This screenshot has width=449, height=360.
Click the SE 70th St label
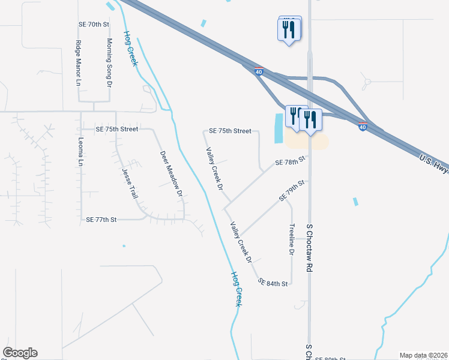pyautogui.click(x=94, y=25)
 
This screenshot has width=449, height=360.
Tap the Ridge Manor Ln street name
pyautogui.click(x=78, y=63)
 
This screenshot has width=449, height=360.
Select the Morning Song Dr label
pyautogui.click(x=109, y=62)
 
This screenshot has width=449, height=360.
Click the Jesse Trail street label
pyautogui.click(x=130, y=184)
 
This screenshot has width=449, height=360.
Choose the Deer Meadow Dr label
pyautogui.click(x=170, y=173)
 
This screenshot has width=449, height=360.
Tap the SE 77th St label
pyautogui.click(x=100, y=220)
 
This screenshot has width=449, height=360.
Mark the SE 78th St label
pyautogui.click(x=291, y=162)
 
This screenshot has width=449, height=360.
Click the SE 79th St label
pyautogui.click(x=292, y=190)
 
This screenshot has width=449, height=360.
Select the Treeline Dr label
pyautogui.click(x=292, y=241)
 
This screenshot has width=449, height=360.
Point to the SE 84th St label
pyautogui.click(x=273, y=282)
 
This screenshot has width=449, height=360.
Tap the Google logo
pyautogui.click(x=20, y=353)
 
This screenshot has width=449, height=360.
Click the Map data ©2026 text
pyautogui.click(x=423, y=355)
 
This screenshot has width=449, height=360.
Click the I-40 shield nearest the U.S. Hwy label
pyautogui.click(x=363, y=127)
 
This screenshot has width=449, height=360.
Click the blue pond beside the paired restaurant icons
pyautogui.click(x=278, y=128)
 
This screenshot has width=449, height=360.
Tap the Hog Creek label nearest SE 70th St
pyautogui.click(x=130, y=48)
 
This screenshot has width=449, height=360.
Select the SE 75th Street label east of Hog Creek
pyautogui.click(x=229, y=131)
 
